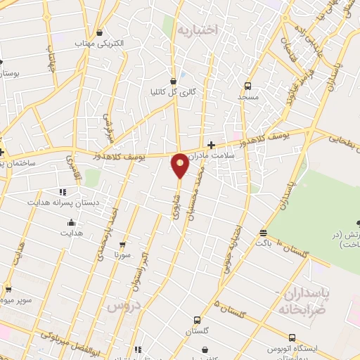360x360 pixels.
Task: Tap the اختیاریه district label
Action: [198, 30]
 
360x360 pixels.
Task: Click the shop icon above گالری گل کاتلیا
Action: [173, 80]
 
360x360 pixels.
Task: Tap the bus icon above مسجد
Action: [247, 85]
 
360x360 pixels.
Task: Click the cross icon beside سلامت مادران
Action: [210, 145]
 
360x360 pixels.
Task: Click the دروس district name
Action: [124, 307]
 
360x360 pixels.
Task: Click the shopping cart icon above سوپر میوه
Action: [8, 288]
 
